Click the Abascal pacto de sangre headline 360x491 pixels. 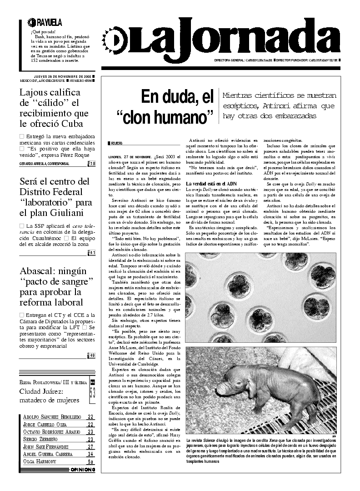point(56,286)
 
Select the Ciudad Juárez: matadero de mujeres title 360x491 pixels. point(50,396)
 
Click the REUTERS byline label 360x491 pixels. point(116,143)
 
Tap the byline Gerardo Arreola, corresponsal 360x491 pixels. point(45,164)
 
